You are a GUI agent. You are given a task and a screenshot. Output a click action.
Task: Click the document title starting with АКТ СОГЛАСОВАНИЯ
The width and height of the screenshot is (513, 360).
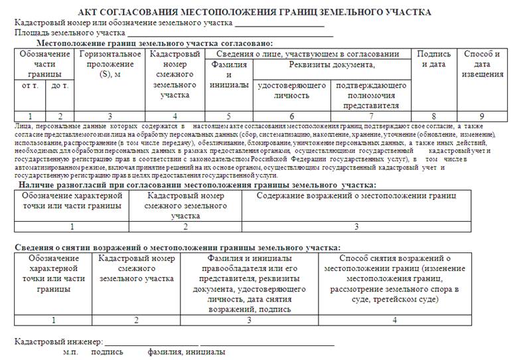[x=254, y=12]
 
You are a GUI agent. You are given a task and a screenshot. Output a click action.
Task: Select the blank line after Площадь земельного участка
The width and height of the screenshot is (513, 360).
[x=230, y=34]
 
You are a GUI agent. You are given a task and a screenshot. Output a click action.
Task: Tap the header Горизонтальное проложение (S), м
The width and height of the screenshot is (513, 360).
[x=110, y=64]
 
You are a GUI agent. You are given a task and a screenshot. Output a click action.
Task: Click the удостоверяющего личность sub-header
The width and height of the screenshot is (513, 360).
[x=291, y=90]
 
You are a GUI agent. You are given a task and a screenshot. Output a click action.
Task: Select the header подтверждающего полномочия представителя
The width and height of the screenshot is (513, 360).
[x=368, y=95]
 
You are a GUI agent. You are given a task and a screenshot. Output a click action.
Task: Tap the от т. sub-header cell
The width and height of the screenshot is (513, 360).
[x=31, y=86]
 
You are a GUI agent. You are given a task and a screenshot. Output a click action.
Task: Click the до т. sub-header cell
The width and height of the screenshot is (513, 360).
[x=60, y=86]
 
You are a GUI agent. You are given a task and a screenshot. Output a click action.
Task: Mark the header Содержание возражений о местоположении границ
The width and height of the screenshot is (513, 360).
[x=356, y=196]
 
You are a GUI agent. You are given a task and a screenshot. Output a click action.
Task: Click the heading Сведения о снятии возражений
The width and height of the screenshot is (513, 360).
[x=178, y=247]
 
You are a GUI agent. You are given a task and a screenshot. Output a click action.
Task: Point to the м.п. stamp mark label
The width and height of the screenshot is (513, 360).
[x=71, y=352]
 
